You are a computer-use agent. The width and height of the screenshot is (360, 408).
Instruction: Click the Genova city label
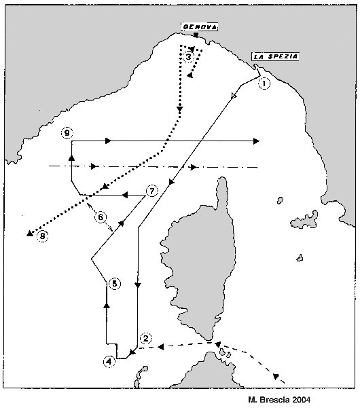(200, 26)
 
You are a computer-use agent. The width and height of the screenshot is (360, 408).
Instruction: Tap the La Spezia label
(275, 57)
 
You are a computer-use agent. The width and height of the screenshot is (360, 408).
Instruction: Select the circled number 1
(264, 84)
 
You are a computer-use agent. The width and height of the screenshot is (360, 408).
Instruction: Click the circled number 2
(146, 338)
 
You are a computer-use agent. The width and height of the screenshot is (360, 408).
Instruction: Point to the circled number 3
(188, 57)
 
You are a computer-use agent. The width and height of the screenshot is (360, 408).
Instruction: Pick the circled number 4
(109, 361)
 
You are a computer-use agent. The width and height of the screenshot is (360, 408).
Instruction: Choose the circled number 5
(115, 283)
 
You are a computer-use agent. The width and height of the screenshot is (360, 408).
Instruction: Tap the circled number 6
(101, 217)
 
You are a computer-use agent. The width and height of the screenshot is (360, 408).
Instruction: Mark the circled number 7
(152, 191)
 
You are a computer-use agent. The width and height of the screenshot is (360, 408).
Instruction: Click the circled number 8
(42, 236)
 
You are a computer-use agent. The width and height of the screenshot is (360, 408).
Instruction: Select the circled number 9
(67, 133)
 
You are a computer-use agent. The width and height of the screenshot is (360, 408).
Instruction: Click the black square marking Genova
(196, 35)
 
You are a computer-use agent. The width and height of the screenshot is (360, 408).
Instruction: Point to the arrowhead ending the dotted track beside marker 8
(30, 234)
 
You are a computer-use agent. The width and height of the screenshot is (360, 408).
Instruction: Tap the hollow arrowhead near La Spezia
(234, 96)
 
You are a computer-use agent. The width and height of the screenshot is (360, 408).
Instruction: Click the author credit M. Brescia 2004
(279, 399)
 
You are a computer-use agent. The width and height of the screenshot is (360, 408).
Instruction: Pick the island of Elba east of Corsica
(304, 220)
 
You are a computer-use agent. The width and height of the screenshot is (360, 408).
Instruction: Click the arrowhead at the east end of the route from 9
(256, 141)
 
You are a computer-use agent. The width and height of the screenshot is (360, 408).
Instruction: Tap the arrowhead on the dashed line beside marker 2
(161, 347)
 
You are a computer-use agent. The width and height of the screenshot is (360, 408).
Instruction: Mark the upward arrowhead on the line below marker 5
(107, 305)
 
